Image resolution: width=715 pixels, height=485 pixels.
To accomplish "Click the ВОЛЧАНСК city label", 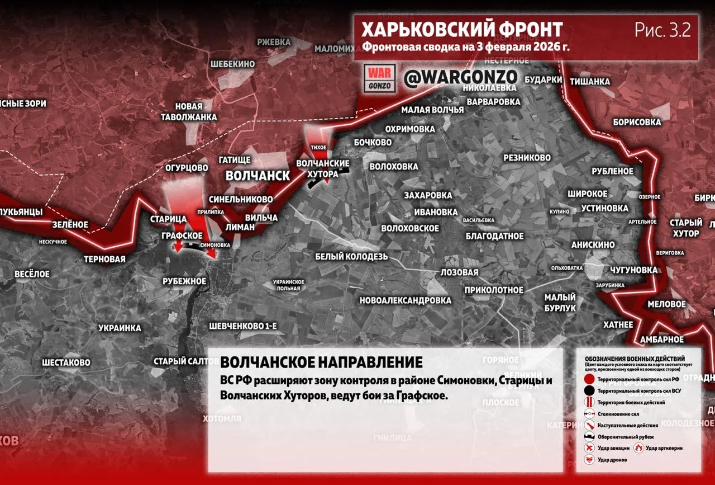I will (x=258, y=176).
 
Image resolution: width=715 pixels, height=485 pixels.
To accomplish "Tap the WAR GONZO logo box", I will (x=380, y=78).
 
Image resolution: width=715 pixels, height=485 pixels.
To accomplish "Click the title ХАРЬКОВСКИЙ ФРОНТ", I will (x=461, y=29).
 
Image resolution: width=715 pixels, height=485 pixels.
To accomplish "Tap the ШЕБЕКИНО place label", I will (x=232, y=64).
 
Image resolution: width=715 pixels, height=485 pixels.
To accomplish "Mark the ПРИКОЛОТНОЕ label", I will (x=494, y=290).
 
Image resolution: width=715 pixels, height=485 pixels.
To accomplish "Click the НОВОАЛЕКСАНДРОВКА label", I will (x=405, y=300).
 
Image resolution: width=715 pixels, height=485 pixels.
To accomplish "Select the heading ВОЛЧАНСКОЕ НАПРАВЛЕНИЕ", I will (x=321, y=362).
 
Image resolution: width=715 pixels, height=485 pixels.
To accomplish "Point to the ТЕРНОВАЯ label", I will (x=104, y=259).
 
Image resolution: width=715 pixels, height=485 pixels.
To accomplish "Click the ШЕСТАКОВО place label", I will (x=66, y=362).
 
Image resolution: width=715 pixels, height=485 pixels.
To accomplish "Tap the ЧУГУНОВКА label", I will (x=633, y=270).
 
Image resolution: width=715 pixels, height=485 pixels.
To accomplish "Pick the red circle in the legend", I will (x=589, y=379).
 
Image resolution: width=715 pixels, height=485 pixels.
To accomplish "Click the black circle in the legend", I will (x=589, y=390).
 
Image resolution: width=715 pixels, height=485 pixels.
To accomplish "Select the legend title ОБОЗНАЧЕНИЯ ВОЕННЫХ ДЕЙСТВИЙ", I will (x=635, y=358).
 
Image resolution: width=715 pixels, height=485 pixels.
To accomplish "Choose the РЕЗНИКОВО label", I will (x=527, y=158).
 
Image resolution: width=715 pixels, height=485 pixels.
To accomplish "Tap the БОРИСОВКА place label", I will (x=636, y=121).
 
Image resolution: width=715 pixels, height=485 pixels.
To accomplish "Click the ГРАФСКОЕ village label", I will (x=182, y=236).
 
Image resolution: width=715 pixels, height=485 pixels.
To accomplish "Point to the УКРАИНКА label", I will (x=120, y=328).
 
